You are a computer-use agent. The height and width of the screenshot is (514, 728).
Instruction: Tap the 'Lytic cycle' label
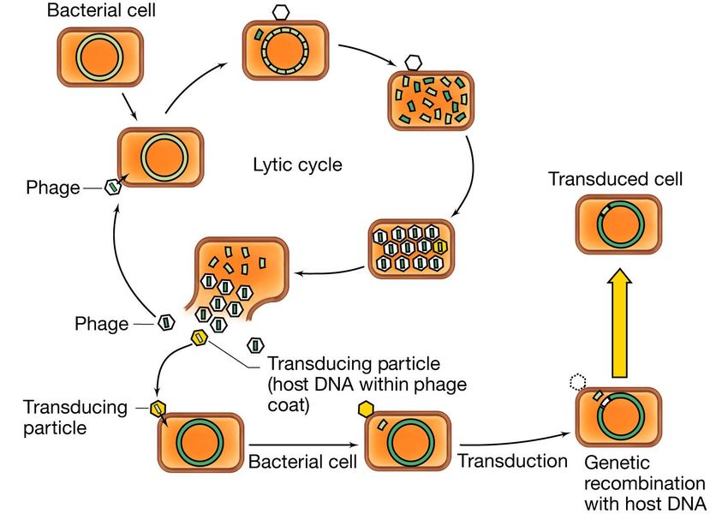pyautogui.click(x=297, y=164)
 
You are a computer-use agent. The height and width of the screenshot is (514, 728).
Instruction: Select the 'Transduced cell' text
pyautogui.click(x=616, y=180)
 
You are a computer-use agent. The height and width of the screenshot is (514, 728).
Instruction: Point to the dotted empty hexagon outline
pyautogui.click(x=578, y=382)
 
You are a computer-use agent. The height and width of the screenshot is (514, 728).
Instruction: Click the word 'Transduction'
pyautogui.click(x=512, y=461)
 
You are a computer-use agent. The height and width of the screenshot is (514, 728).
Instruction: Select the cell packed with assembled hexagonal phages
pyautogui.click(x=411, y=248)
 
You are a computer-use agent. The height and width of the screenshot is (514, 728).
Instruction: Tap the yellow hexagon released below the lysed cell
pyautogui.click(x=200, y=337)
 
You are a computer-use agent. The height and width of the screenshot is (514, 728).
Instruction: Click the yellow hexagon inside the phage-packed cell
pyautogui.click(x=440, y=247)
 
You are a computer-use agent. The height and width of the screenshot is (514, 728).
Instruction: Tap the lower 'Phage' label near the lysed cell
pyautogui.click(x=101, y=324)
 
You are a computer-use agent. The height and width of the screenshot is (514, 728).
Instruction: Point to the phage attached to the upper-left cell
pyautogui.click(x=112, y=188)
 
